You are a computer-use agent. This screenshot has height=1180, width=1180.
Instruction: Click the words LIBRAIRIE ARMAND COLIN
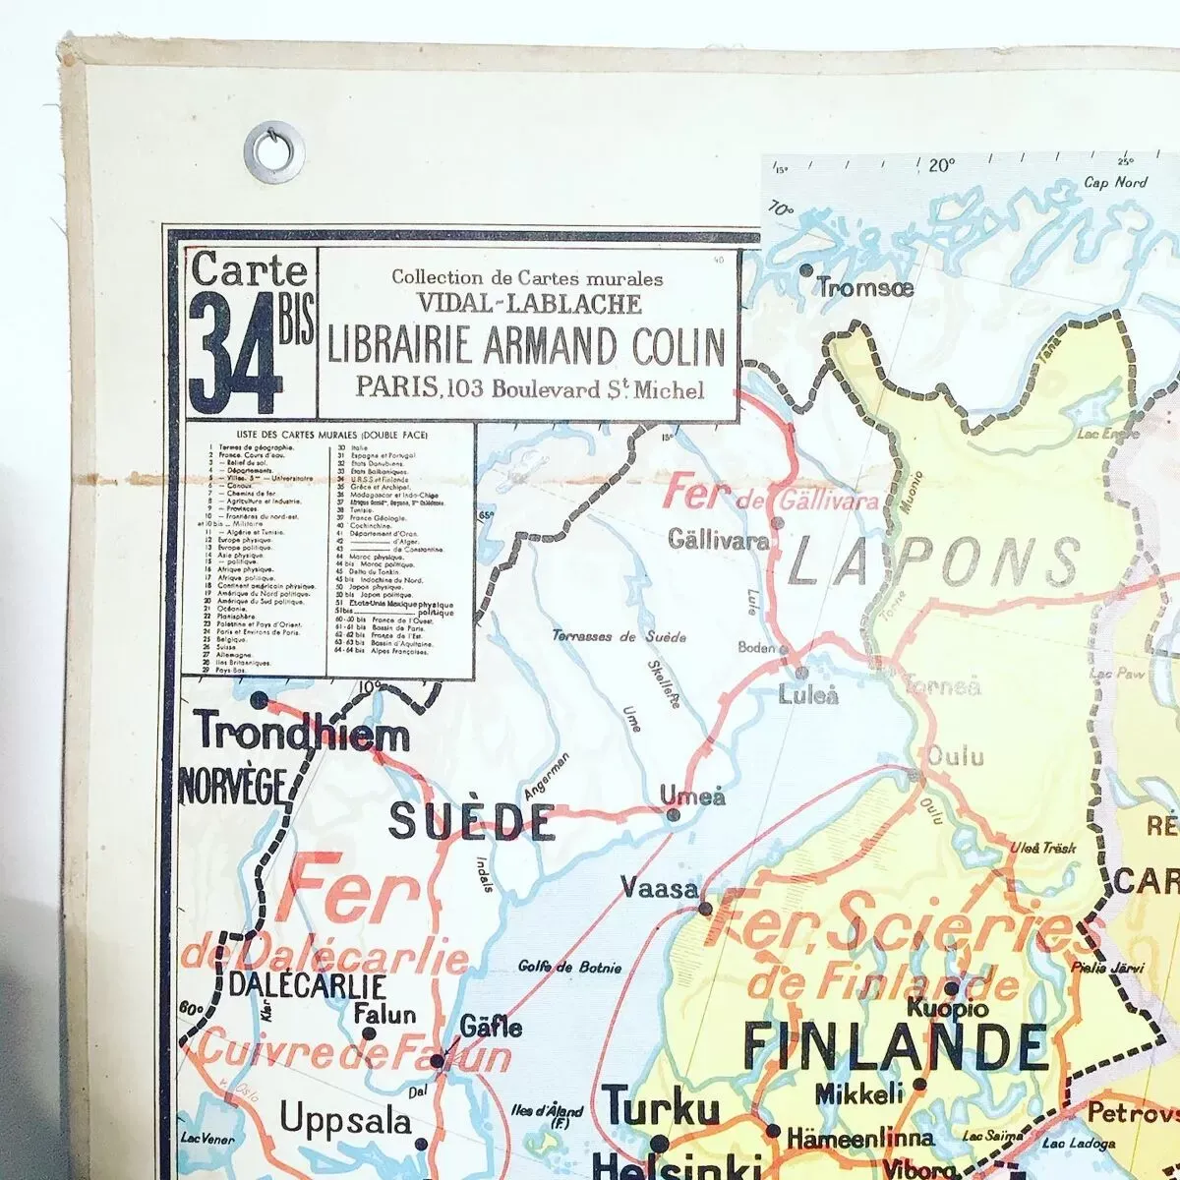click(526, 345)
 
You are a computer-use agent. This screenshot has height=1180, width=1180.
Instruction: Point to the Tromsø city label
click(865, 288)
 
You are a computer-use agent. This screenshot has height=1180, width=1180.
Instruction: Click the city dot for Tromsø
click(806, 269)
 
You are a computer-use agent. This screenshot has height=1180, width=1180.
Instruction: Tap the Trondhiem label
click(303, 735)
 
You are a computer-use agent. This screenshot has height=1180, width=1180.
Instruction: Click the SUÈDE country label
click(472, 821)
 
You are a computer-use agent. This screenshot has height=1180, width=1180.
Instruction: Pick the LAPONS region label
click(934, 565)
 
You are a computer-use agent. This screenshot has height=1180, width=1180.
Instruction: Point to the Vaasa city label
click(659, 888)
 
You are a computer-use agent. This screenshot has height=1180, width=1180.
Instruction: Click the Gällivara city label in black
click(718, 540)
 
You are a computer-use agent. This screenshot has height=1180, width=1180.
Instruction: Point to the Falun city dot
click(369, 1033)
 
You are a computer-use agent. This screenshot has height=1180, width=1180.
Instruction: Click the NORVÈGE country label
click(233, 787)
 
